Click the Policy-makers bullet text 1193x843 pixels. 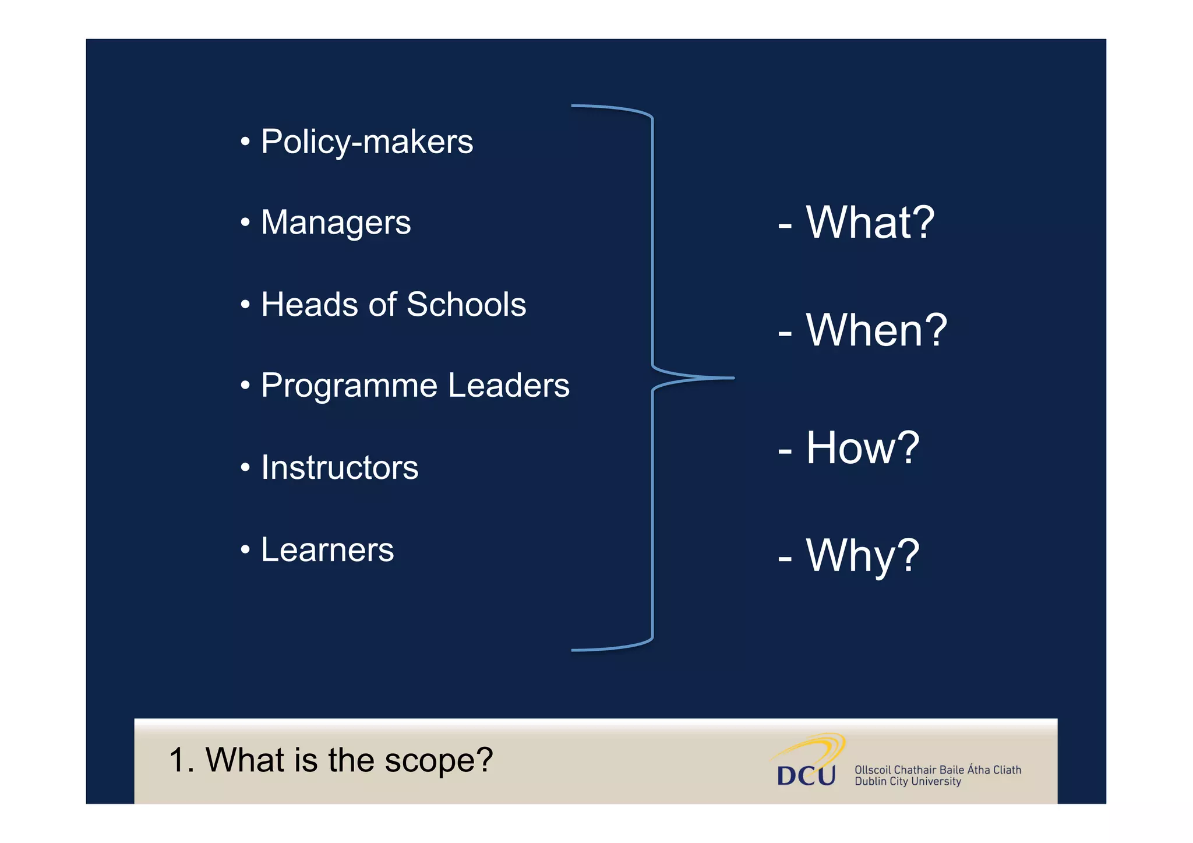366,142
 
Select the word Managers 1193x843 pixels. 336,223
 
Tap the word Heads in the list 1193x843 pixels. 309,304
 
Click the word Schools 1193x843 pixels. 466,304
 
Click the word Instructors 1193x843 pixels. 340,467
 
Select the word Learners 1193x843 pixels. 327,549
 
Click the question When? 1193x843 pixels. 876,330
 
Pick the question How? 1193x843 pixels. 862,448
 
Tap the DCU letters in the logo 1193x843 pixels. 806,775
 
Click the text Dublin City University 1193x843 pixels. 908,782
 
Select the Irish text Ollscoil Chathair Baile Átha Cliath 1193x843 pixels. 937,770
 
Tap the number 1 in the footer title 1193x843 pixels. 177,760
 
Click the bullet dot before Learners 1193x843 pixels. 245,549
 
